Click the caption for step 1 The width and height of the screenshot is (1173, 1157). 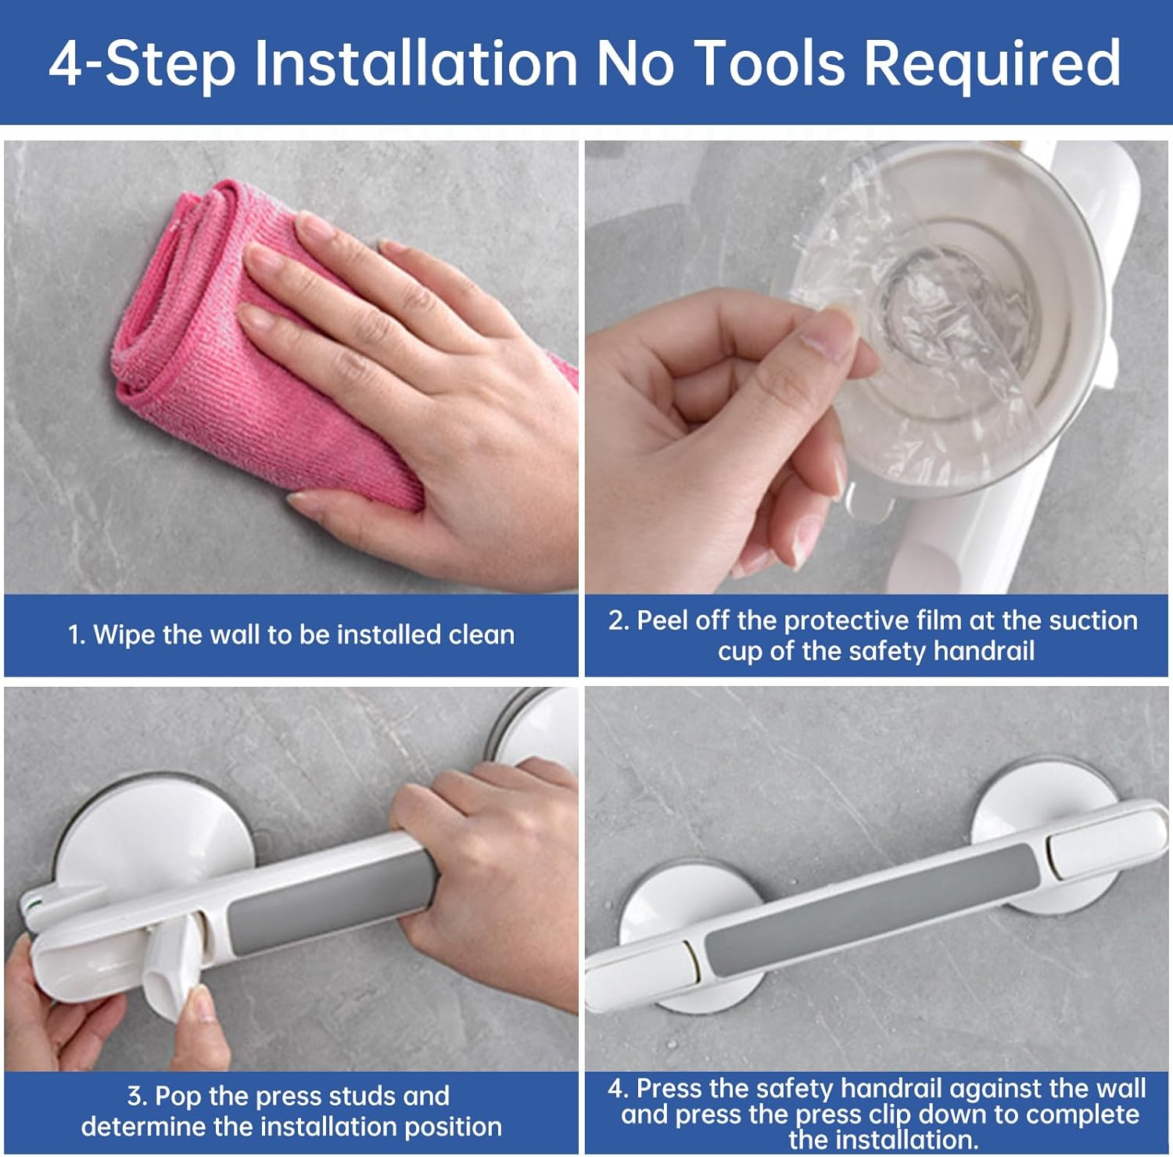[291, 634]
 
